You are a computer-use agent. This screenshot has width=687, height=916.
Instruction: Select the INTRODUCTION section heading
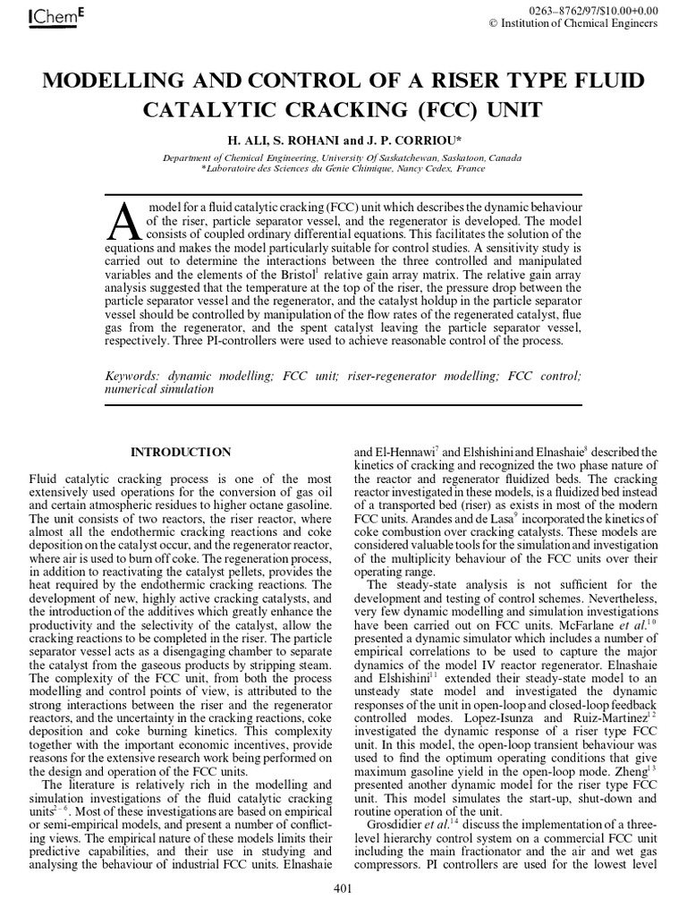(x=181, y=452)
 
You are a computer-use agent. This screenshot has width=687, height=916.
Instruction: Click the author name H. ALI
(x=254, y=141)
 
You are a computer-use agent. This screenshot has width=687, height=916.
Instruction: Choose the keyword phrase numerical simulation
(x=159, y=389)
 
